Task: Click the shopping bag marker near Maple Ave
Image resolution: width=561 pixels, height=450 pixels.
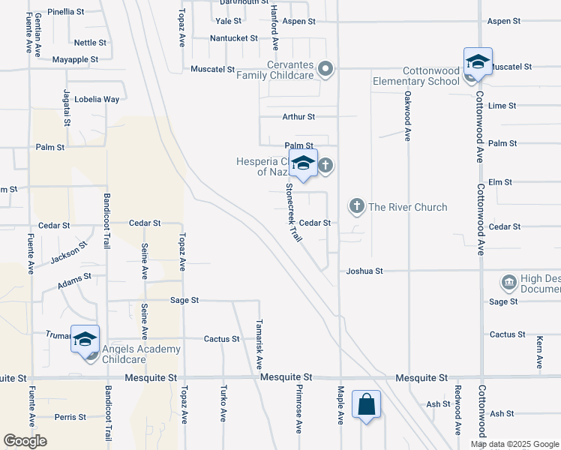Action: click(x=366, y=405)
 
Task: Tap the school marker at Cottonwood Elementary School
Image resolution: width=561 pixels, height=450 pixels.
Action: click(x=478, y=61)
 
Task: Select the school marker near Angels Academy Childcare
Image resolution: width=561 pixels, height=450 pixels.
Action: click(x=85, y=338)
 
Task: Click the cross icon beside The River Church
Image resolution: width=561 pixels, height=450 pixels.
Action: click(x=356, y=205)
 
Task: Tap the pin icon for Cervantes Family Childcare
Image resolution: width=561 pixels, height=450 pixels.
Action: click(x=325, y=70)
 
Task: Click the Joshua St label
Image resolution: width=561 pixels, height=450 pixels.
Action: click(x=364, y=271)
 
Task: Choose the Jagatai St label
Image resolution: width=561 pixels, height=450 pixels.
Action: click(x=67, y=109)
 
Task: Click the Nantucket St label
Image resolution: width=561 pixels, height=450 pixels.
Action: click(x=233, y=37)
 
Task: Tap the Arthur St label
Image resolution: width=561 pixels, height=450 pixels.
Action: click(x=298, y=117)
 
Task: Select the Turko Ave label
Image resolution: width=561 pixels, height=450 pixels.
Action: click(x=223, y=404)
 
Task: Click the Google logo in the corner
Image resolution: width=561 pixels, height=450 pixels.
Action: click(x=25, y=441)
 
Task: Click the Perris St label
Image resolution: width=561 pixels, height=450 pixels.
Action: click(x=70, y=416)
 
